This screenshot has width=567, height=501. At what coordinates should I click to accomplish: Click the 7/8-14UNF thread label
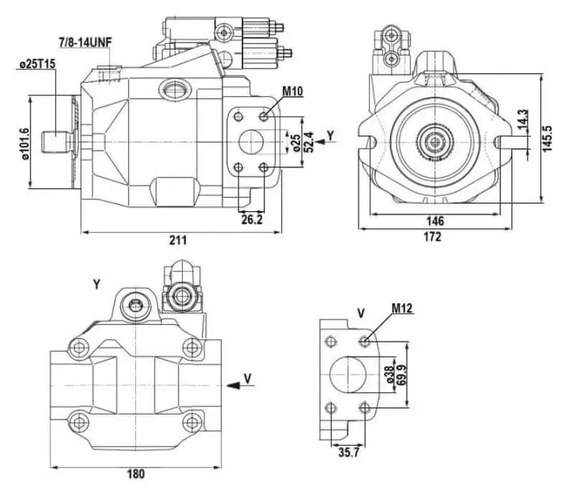pos(86,42)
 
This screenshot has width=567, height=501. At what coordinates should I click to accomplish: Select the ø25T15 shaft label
pos(37,65)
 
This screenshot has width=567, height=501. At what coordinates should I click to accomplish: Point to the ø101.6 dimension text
pos(25,144)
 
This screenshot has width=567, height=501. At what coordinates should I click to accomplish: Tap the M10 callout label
pos(292,91)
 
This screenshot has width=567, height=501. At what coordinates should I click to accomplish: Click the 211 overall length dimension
pos(178,240)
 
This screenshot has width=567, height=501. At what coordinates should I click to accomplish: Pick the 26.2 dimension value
pos(251,219)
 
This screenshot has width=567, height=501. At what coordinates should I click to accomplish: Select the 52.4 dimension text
pos(310,142)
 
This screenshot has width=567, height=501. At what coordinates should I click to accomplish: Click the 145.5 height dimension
pos(547,138)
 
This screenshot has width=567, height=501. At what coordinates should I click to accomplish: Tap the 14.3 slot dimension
pos(523,119)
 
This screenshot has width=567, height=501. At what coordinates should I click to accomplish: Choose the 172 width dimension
pos(433,237)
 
